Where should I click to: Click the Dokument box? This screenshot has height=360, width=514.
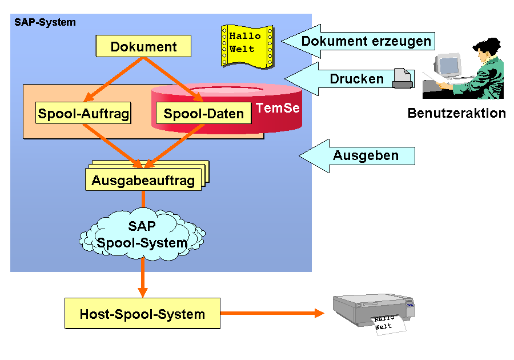coord(143,46)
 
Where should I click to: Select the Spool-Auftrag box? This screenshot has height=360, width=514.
coord(83,113)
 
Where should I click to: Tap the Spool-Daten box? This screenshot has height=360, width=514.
coord(203,113)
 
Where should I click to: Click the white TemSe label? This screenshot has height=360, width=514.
coord(278,108)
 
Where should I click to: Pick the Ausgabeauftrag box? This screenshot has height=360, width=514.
coord(143,179)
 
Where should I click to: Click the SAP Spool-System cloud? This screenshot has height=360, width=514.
coord(142,234)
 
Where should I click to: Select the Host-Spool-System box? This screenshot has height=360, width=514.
coord(142,314)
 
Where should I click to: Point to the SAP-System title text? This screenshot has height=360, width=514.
coord(45,22)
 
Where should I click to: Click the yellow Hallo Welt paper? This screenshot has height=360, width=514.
coord(247,46)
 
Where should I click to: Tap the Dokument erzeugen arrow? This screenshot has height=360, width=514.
coord(358,41)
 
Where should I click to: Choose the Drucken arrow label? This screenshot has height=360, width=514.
coord(356,79)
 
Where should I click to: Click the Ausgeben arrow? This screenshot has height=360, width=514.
coord(357,156)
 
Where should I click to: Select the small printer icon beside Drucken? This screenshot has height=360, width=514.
coord(403,78)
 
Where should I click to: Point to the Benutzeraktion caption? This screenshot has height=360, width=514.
coord(457,113)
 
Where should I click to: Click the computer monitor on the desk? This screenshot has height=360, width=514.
coord(447,66)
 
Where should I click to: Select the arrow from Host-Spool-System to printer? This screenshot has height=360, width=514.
coord(272,313)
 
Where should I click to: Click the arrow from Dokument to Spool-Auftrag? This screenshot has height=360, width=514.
coord(114,79)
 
